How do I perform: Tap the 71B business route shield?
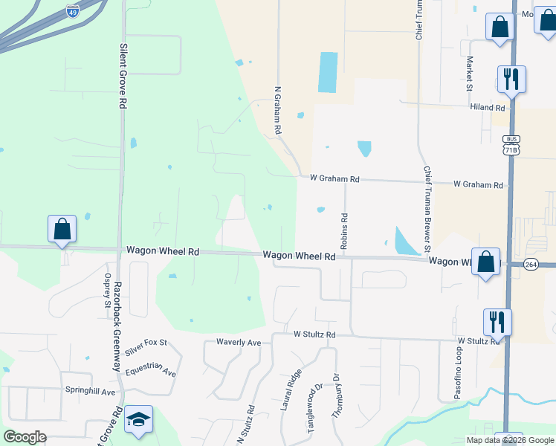(x=510, y=145)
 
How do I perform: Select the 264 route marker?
(x=530, y=264)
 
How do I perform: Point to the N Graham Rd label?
(x=278, y=109)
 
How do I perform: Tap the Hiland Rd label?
(x=487, y=107)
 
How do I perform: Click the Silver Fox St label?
(x=146, y=346)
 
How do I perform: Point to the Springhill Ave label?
(x=91, y=391)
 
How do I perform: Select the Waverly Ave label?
(x=239, y=343)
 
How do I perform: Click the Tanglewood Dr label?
(x=311, y=408)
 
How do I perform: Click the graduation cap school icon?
(x=139, y=421)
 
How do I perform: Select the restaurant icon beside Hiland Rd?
(x=511, y=80)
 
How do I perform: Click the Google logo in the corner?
(x=25, y=437)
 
